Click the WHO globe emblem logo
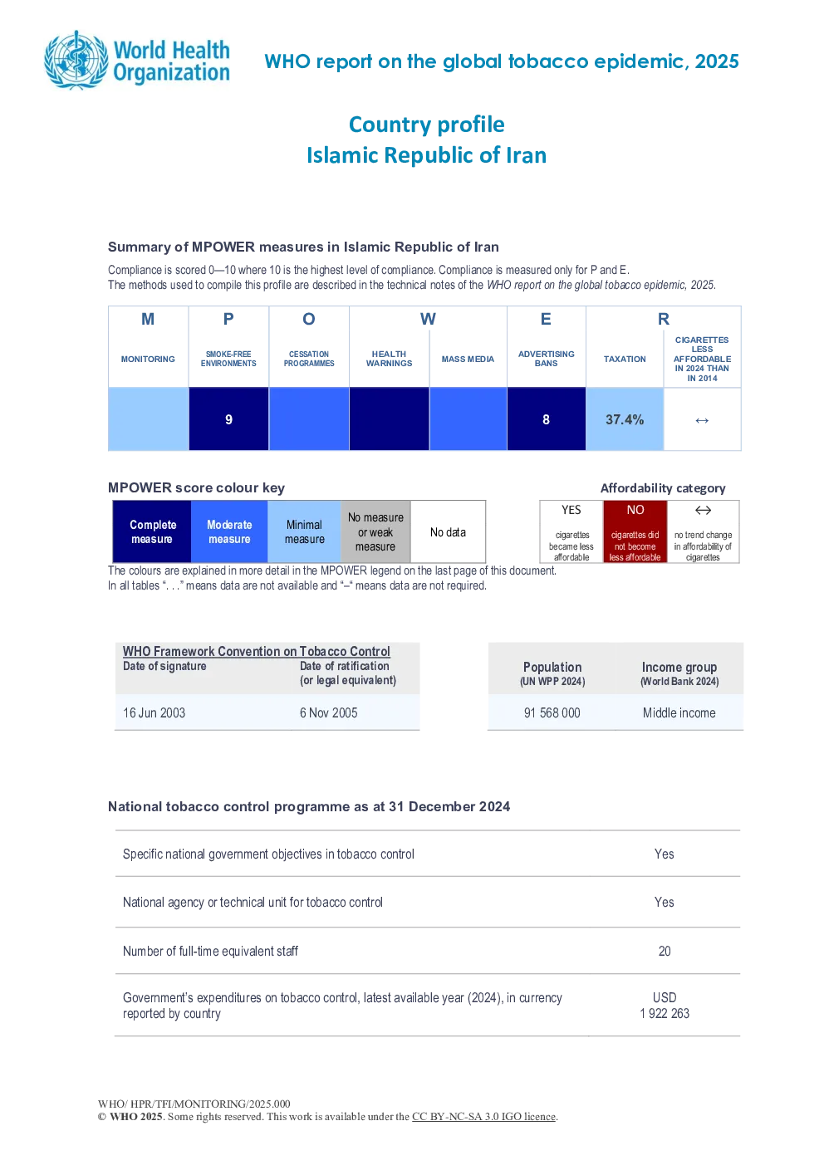point(77,61)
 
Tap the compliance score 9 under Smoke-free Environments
point(228,419)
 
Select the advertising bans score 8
point(546,419)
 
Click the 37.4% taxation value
point(625,419)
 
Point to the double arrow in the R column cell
point(702,420)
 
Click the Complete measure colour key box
point(152,531)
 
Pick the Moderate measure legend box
point(229,531)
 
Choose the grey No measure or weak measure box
point(375,531)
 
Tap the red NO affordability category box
point(635,531)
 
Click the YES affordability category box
point(571,531)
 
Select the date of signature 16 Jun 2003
point(154,712)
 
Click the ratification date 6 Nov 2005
point(328,712)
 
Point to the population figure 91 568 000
point(552,712)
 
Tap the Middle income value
point(679,712)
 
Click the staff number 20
point(665,951)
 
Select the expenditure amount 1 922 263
point(665,1013)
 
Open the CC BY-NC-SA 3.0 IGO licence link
point(483,1116)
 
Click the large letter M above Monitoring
point(148,319)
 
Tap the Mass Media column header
point(468,359)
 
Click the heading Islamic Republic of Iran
point(427,155)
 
